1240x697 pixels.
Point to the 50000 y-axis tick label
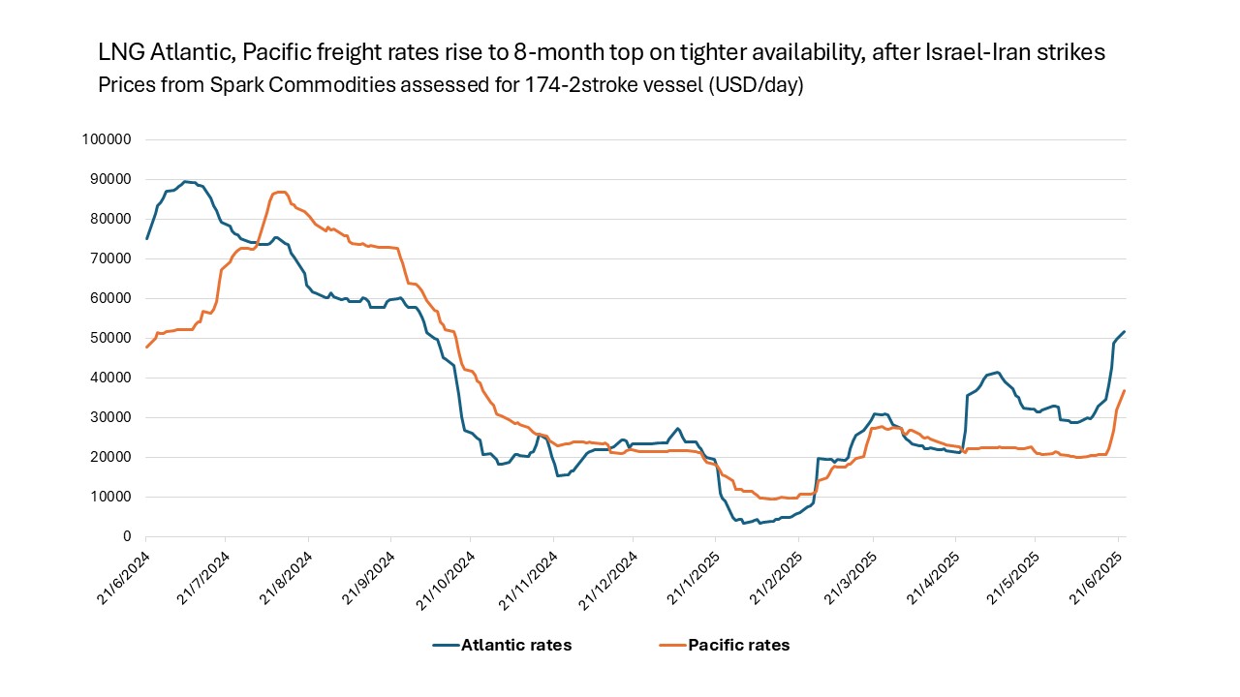click(113, 338)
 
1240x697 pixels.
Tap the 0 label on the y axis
click(127, 536)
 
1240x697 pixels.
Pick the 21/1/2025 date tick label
click(691, 573)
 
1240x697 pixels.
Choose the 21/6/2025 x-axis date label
click(1094, 573)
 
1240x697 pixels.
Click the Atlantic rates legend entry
click(515, 645)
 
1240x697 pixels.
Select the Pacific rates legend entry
click(738, 645)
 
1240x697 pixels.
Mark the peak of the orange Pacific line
click(280, 192)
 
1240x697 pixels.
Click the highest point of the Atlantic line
click(185, 181)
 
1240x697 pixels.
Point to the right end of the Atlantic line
click(1124, 331)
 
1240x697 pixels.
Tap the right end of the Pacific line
click(1124, 390)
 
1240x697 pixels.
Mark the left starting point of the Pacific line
click(146, 347)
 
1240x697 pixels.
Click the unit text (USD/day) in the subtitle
click(755, 85)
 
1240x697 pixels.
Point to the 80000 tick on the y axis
click(113, 219)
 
